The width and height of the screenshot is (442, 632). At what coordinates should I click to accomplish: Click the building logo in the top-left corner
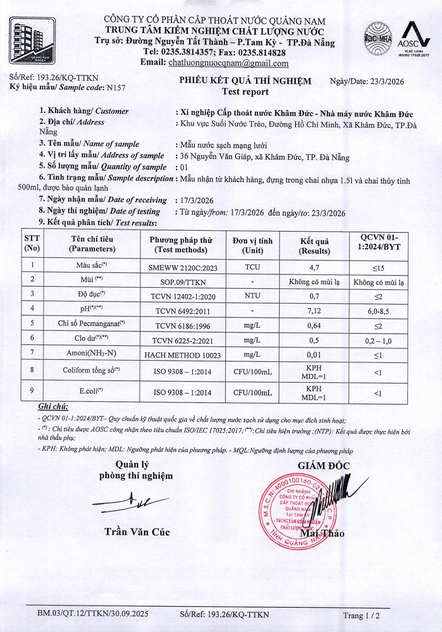click(32, 40)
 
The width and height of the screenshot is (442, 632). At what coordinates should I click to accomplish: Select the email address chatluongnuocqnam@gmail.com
click(228, 63)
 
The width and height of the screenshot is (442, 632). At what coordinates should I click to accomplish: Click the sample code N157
click(116, 88)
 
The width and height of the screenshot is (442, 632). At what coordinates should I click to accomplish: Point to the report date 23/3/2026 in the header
click(387, 81)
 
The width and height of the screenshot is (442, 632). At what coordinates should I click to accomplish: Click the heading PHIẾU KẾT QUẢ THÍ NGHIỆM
click(245, 80)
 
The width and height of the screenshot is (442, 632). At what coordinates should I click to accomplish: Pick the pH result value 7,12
click(314, 311)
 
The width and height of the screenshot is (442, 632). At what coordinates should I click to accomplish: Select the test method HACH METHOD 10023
click(182, 355)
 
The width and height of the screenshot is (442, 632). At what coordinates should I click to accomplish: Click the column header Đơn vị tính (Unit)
click(252, 245)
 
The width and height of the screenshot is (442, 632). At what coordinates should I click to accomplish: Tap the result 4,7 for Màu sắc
click(314, 267)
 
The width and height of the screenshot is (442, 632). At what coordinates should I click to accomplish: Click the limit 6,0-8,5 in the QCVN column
click(378, 311)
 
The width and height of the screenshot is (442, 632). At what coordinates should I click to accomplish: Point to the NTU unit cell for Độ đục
click(252, 296)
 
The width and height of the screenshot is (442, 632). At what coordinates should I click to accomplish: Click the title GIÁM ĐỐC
click(323, 466)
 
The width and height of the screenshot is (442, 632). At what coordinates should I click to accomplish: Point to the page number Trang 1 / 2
click(361, 616)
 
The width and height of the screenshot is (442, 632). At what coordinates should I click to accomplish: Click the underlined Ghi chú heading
click(53, 407)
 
